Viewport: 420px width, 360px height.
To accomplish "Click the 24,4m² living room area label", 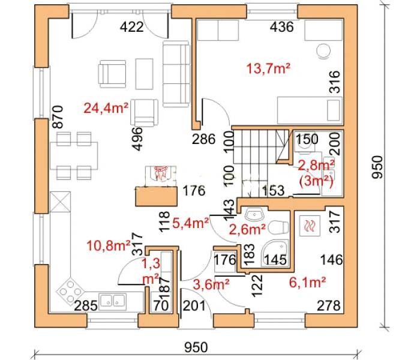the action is tap(106, 108).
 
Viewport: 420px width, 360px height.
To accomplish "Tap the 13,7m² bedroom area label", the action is tap(268, 69).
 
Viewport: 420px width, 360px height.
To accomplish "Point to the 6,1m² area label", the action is tap(307, 283).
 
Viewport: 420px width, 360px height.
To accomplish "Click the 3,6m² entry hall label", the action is tap(211, 284).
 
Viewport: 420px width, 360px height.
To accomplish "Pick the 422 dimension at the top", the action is tap(131, 27).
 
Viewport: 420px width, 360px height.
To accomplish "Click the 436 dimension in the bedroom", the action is tap(281, 27).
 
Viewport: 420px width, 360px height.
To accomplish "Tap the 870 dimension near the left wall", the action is tap(58, 117).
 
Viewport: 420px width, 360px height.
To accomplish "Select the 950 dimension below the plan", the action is tap(196, 347).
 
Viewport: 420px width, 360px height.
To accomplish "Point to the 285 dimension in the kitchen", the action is tap(85, 305).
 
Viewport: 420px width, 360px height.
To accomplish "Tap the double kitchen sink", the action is tap(113, 301).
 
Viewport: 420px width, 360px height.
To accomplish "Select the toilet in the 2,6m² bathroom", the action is tap(278, 227).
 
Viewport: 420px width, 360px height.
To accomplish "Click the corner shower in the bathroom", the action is tap(275, 253).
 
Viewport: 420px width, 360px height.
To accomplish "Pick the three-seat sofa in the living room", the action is tap(176, 74).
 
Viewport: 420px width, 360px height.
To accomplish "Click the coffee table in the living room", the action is tap(145, 74).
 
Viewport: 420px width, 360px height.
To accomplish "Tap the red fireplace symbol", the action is tap(160, 173).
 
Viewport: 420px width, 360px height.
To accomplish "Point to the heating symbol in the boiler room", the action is tap(310, 226).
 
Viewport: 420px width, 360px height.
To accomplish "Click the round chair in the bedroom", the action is tap(323, 50).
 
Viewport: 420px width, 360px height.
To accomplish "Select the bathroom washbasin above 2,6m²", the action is tap(254, 215).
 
